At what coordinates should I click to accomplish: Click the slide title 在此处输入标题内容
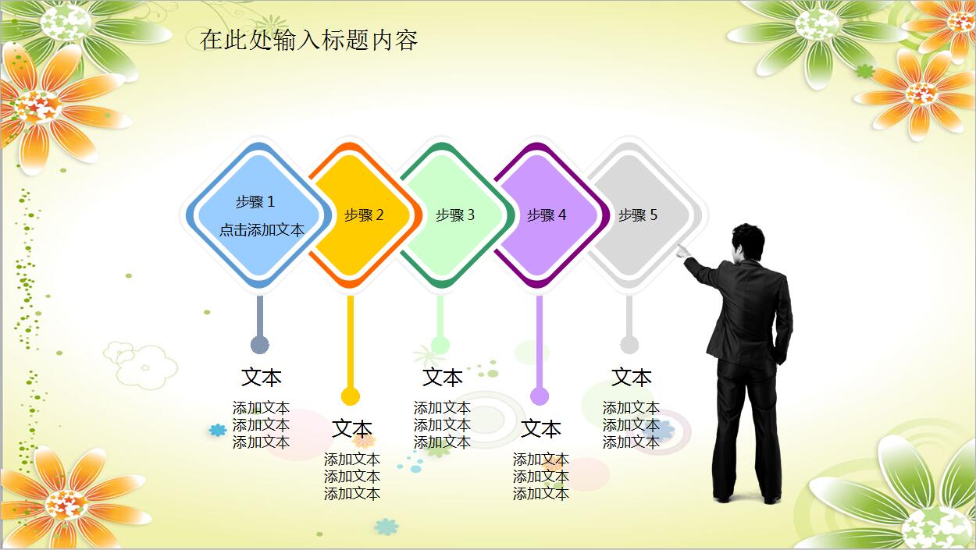pos(309,40)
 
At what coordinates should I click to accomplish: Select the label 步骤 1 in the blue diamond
pos(255,202)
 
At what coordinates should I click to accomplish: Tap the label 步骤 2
pos(364,215)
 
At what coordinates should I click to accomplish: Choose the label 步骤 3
pos(455,215)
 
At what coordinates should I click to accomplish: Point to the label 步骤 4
pos(547,215)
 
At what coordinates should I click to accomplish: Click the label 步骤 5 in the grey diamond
pos(638,215)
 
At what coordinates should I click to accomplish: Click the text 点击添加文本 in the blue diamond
pos(262,230)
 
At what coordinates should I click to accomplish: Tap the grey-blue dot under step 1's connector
pos(260,345)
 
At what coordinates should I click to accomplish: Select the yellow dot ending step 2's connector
pos(351,396)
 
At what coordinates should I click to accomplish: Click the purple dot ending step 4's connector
pos(540,396)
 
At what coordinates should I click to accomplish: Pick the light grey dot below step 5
pos(629,345)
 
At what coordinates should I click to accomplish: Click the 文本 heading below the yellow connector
pos(352,429)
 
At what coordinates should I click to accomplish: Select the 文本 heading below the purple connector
pos(541,429)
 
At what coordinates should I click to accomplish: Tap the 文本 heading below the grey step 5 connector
pos(632,378)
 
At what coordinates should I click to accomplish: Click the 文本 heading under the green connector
pos(443,378)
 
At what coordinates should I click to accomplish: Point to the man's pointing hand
pos(683,251)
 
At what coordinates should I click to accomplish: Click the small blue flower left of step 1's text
pos(217,430)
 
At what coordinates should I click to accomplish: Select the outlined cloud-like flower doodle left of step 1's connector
pos(141,364)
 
